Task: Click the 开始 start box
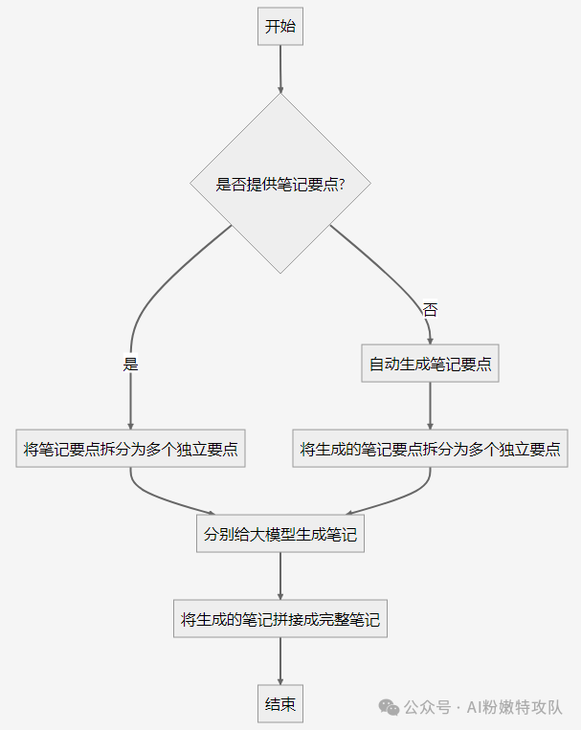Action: click(280, 27)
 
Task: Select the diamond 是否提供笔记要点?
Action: click(280, 183)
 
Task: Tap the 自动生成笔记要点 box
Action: click(430, 364)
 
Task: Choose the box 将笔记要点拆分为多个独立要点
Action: click(131, 449)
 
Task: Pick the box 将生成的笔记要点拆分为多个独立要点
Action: click(430, 449)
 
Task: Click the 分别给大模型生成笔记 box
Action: click(280, 535)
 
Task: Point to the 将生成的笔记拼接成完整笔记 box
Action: click(280, 620)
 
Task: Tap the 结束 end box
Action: click(280, 705)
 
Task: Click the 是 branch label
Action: click(131, 364)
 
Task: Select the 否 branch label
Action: click(430, 309)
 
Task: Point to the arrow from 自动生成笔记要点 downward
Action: click(430, 406)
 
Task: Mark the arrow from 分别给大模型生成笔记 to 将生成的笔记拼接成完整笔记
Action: click(280, 577)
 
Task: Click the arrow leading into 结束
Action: click(280, 662)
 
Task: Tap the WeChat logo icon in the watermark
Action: click(389, 707)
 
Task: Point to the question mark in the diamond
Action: click(341, 185)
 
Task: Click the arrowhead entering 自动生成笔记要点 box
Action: click(430, 339)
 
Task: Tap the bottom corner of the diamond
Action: click(280, 272)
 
